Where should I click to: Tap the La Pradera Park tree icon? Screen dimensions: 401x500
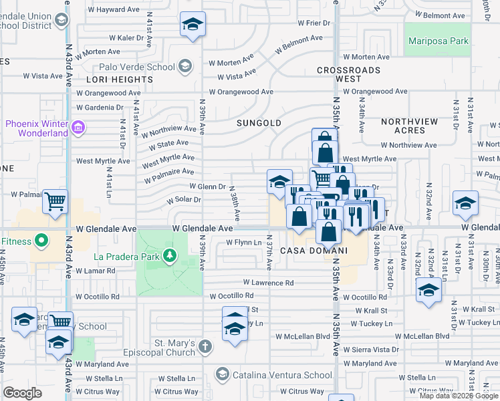point(170,255)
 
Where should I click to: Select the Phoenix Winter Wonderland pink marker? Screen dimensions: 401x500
point(78,127)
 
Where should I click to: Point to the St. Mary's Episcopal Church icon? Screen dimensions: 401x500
point(205,346)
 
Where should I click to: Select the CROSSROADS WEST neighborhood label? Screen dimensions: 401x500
point(348,74)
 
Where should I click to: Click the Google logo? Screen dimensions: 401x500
point(22,393)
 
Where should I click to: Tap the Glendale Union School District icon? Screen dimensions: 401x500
point(62,20)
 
